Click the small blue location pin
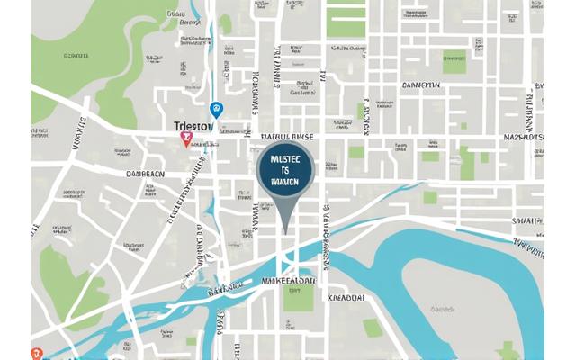pos(215,109)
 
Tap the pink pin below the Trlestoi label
pos(187,139)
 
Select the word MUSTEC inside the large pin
pos(284,157)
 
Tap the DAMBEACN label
pos(145,173)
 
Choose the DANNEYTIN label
pos(419,85)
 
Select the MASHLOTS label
pos(525,138)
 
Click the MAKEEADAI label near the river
pos(287,280)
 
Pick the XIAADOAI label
pos(346,298)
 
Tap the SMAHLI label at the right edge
pos(529,219)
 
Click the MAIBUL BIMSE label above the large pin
pos(286,137)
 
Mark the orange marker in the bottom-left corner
pos(35,354)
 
